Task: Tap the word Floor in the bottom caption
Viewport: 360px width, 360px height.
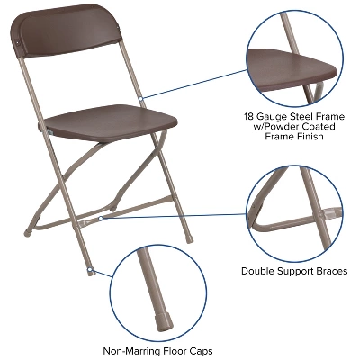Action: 180,350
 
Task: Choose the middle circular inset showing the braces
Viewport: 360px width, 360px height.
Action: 292,212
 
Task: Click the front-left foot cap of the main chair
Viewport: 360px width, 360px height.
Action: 90,272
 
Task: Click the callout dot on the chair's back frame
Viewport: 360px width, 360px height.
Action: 141,97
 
